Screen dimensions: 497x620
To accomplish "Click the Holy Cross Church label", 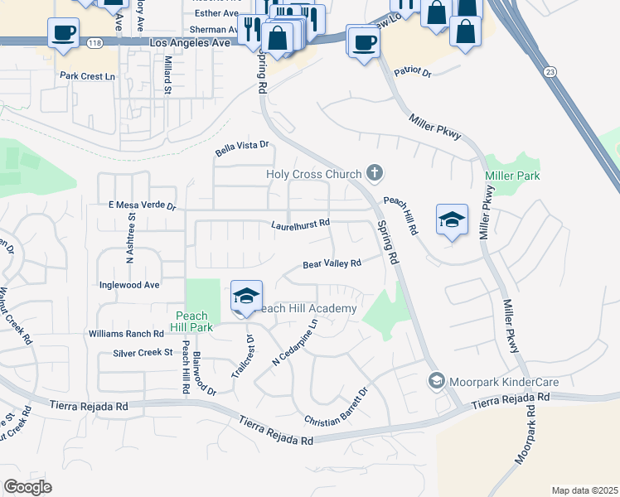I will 313,174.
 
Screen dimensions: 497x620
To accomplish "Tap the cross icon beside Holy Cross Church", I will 375,173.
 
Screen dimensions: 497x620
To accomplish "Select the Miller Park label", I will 512,176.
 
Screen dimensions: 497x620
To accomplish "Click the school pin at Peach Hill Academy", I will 246,297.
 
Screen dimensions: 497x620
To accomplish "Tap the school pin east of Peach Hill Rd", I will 452,220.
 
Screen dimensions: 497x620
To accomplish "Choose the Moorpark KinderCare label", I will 503,382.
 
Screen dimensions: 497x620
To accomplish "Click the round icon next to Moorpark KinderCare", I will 435,381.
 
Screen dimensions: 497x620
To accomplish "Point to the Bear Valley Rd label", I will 332,264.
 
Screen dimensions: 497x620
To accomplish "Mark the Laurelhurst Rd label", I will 301,224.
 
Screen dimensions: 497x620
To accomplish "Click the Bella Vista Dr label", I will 243,148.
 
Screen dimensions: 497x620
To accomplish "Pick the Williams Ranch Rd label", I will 126,334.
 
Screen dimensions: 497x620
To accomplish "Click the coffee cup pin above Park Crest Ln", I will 63,34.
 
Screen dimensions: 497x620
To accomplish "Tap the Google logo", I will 27,487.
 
